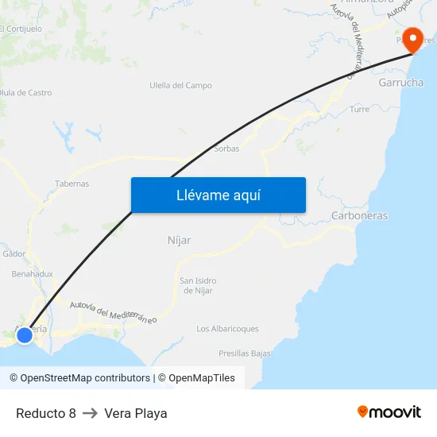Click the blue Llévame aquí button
coord(218,195)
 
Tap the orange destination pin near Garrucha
coord(413,40)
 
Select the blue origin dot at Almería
coord(25,335)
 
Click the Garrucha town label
coord(400,83)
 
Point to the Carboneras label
coord(359,216)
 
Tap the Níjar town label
coord(180,240)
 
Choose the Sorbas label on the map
coord(226,149)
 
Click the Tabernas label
coord(72,184)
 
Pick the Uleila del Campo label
coord(180,86)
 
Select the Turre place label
coord(359,110)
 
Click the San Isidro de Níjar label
coord(198,285)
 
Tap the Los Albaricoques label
coord(227,329)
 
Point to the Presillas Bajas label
coord(245,354)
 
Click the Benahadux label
coord(32,274)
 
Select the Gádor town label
coord(14,254)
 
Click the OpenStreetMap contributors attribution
coord(79,378)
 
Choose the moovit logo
coord(389,412)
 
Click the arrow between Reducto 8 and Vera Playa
coord(90,413)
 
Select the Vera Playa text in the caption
coord(135,413)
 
